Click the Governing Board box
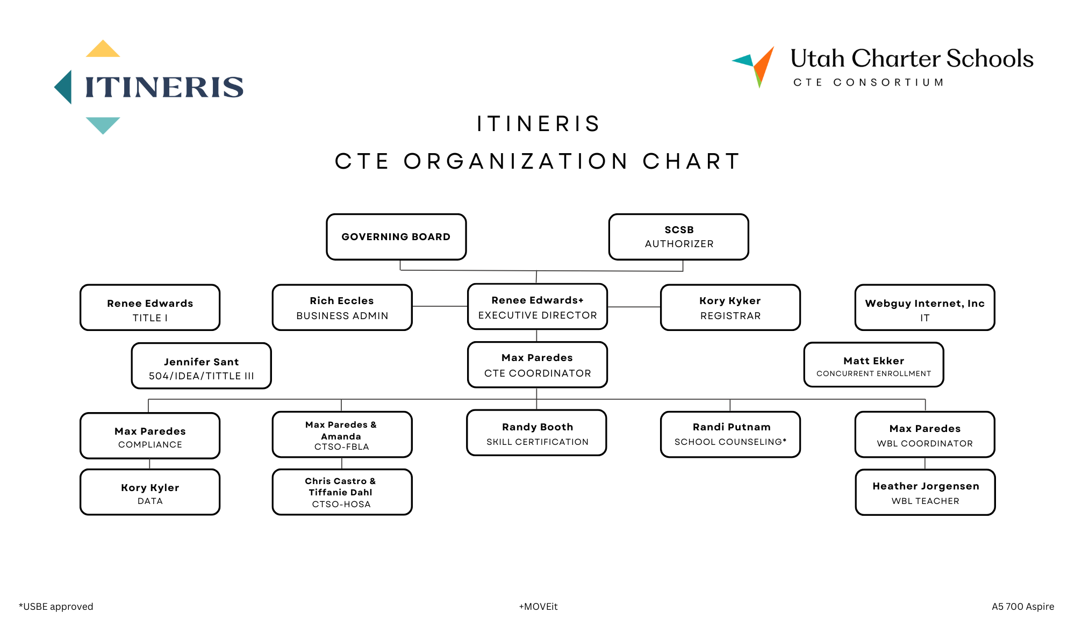pos(396,237)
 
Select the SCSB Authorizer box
pos(679,237)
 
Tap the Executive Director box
pos(537,307)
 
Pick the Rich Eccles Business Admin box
pos(342,307)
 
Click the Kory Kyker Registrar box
pos(730,307)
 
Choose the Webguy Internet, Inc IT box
pos(925,307)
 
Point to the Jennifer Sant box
pos(202,366)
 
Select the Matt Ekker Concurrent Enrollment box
pos(874,365)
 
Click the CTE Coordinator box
pos(537,365)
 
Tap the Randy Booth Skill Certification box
pos(537,433)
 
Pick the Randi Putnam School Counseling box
pos(730,435)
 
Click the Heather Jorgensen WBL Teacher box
pos(926,492)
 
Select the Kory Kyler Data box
pos(150,492)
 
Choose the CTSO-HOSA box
pos(342,492)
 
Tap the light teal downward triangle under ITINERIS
pos(103,124)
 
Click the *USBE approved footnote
pos(56,607)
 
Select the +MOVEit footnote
pos(538,607)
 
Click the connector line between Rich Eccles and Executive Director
pos(440,306)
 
